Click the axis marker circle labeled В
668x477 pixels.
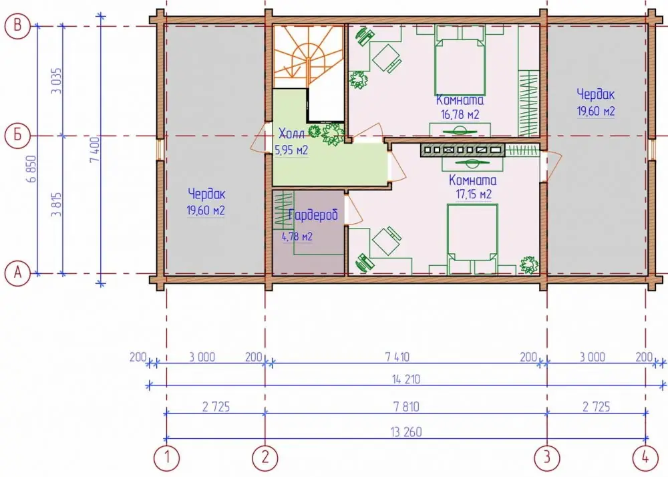click(x=17, y=25)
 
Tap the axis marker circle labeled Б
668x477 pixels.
click(x=17, y=136)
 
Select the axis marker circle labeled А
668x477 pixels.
click(x=17, y=273)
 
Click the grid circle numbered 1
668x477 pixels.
click(x=166, y=458)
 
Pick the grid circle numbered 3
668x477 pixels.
click(x=547, y=458)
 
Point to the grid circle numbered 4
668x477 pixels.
click(x=645, y=458)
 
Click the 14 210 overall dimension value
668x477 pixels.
click(x=406, y=379)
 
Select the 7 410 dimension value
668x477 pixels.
click(x=397, y=357)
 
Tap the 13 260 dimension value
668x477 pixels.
click(x=406, y=432)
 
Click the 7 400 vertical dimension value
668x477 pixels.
click(x=95, y=149)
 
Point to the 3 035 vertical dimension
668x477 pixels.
click(x=57, y=81)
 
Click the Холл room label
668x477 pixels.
click(x=292, y=134)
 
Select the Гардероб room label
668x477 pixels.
click(x=313, y=215)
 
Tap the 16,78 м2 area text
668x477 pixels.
click(x=460, y=114)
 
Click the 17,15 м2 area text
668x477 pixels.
click(x=474, y=194)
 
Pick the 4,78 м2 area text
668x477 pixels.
click(x=297, y=236)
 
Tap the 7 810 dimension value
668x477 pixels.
click(x=406, y=406)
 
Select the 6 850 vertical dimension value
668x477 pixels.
click(x=31, y=169)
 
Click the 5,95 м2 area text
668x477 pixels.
click(x=291, y=150)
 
